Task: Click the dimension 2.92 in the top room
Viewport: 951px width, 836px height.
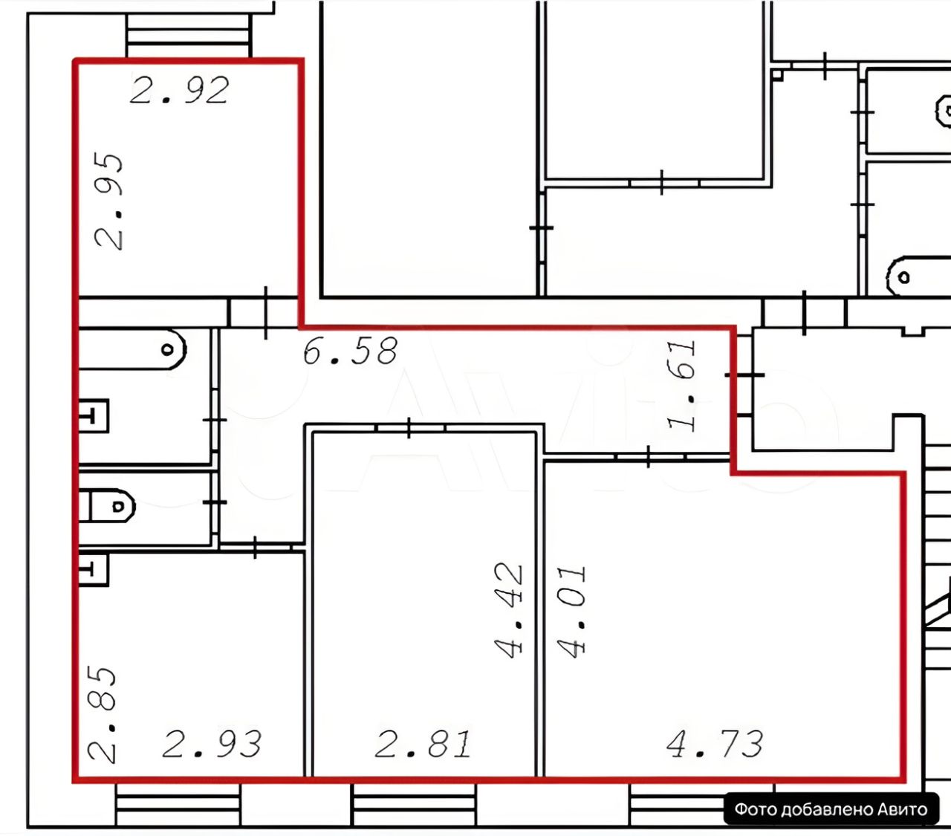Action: [179, 90]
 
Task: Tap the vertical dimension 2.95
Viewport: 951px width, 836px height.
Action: [109, 201]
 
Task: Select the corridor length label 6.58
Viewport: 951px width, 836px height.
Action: [350, 351]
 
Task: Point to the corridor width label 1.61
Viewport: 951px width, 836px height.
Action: [683, 386]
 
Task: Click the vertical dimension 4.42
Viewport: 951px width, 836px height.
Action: [510, 610]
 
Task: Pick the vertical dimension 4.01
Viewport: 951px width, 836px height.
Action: [572, 611]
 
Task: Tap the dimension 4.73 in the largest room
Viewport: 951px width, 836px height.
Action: [715, 744]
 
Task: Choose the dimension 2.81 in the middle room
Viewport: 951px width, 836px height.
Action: [423, 744]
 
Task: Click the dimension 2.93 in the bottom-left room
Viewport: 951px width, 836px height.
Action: [212, 744]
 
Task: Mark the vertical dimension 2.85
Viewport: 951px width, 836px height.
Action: [103, 714]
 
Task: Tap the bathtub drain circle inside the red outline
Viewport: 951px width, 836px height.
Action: [169, 348]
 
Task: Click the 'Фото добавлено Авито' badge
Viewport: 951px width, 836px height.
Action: [831, 809]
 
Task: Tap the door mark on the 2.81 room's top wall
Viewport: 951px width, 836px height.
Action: [410, 427]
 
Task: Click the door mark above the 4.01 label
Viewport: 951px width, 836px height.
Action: [649, 456]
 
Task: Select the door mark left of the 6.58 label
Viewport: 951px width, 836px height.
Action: [267, 312]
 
